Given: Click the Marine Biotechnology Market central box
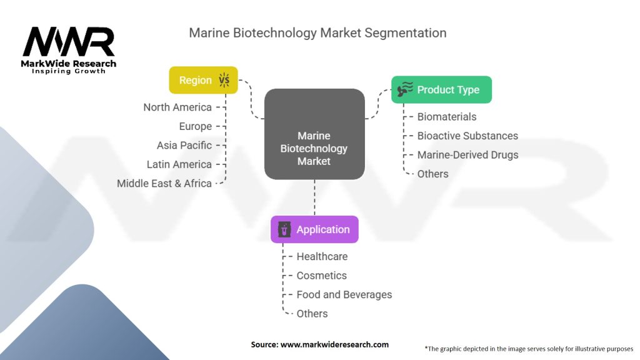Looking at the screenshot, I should [314, 134].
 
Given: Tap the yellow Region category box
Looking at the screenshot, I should [203, 80].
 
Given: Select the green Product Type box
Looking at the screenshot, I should [441, 89].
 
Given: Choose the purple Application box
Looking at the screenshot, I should [314, 229].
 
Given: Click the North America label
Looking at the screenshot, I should [177, 107].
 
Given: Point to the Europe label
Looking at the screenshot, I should [195, 126].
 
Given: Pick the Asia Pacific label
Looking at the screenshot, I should [184, 145].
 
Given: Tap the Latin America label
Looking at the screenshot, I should [179, 164].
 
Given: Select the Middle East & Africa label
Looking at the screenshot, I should [164, 183].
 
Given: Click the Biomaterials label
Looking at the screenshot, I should [446, 116].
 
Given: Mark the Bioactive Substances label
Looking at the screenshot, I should [467, 136].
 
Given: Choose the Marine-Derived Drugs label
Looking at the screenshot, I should [467, 154].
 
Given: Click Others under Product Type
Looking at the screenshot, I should [432, 174].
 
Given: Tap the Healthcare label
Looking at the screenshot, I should [322, 256].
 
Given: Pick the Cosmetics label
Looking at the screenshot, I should [321, 275].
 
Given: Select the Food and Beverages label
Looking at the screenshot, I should [344, 294].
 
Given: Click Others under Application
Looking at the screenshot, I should [312, 313].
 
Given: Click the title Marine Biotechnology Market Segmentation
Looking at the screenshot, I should [317, 32].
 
